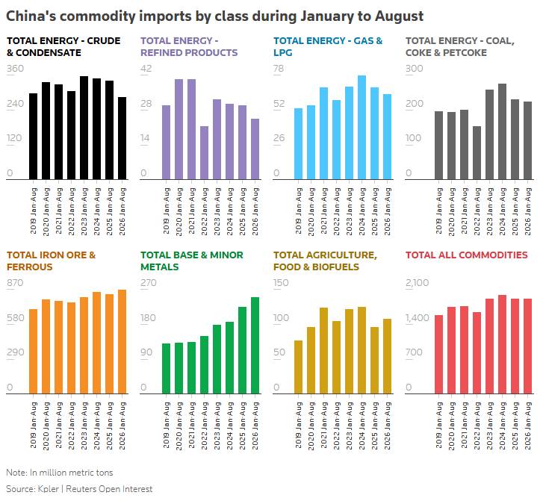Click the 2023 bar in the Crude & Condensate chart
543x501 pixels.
(x=84, y=128)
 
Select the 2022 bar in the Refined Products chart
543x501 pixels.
(x=205, y=152)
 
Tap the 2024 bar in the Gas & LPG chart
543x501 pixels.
(x=362, y=128)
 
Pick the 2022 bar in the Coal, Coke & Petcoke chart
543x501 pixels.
(x=477, y=152)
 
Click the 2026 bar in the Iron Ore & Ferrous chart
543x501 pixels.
(x=122, y=342)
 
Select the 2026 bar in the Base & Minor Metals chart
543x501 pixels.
(x=255, y=346)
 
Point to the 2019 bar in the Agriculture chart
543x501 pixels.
(x=299, y=367)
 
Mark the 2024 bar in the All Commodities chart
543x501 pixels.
(x=502, y=344)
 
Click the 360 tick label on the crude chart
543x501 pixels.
(x=15, y=69)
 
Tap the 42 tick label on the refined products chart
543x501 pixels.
(x=146, y=69)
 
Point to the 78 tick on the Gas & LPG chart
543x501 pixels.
(x=279, y=69)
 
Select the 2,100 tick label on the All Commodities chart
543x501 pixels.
(x=417, y=283)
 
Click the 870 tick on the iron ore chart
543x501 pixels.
(x=15, y=283)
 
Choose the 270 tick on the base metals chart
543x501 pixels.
(x=148, y=283)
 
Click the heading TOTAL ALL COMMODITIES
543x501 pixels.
(x=467, y=255)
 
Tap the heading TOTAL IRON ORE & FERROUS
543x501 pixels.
(x=51, y=261)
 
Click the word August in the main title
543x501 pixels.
(x=399, y=16)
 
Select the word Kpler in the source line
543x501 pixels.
(x=48, y=489)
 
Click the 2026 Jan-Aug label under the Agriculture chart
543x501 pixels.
(x=388, y=426)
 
